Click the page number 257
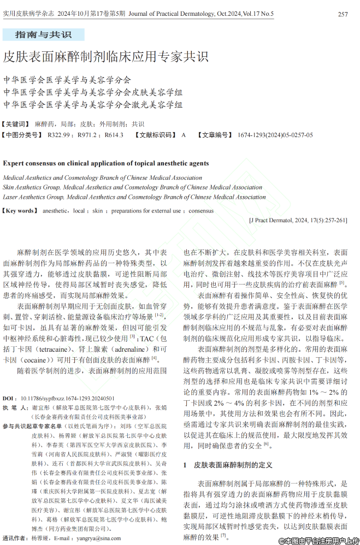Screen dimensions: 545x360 tap(343, 14)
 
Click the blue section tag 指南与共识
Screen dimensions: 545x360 tap(43, 35)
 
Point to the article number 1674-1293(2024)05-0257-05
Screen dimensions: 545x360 tap(275, 135)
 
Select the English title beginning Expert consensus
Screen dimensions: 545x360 tap(106, 163)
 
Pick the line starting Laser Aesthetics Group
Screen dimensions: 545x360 tap(134, 197)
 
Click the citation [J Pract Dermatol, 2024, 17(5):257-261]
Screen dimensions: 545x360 tap(298, 221)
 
